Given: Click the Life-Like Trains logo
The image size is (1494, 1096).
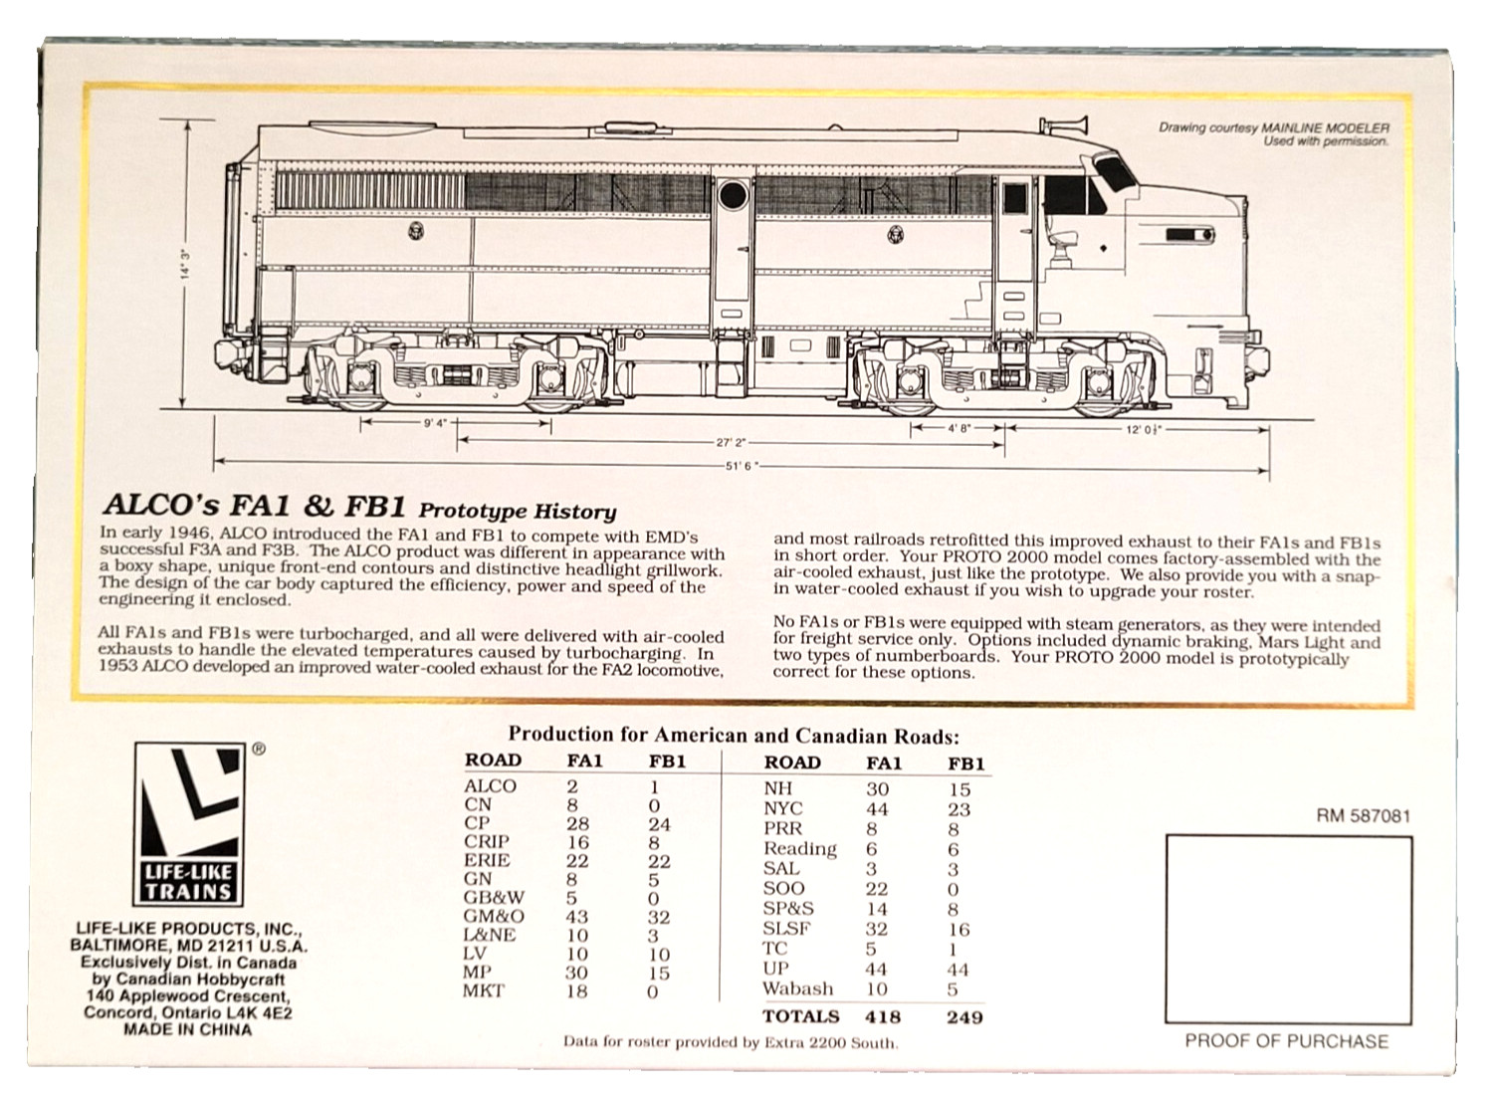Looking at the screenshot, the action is click(189, 824).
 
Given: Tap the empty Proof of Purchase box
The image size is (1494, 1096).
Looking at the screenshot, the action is click(1289, 930).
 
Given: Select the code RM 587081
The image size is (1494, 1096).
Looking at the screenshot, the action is click(1364, 816).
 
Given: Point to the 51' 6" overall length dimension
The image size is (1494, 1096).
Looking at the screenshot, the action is click(742, 466).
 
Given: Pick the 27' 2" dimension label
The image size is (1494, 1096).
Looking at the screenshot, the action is click(731, 442).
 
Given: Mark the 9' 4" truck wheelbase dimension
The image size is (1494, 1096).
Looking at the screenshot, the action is click(435, 423).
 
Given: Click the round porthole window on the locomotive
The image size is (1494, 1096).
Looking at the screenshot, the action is click(733, 195).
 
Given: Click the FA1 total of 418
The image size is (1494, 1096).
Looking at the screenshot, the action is click(883, 1016).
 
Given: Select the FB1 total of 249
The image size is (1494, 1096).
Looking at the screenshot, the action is click(964, 1017).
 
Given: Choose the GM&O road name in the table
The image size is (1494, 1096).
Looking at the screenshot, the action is click(495, 917).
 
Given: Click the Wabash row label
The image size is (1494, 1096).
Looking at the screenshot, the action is click(797, 987).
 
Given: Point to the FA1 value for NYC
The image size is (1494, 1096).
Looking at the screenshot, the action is click(877, 809).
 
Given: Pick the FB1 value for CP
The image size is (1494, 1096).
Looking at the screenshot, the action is click(659, 824).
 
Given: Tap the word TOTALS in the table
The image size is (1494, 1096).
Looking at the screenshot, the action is click(800, 1016).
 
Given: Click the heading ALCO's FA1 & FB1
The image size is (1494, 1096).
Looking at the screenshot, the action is click(254, 507).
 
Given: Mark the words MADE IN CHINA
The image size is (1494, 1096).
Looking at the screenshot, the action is click(187, 1029).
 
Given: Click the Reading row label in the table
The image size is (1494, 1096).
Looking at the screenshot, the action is click(799, 849).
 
